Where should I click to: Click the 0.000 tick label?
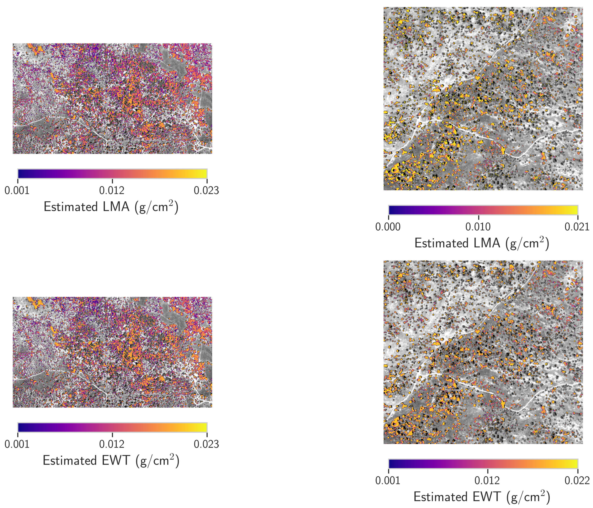tap(388, 227)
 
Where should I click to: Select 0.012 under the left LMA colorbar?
tap(112, 191)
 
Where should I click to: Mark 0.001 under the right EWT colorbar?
tap(388, 481)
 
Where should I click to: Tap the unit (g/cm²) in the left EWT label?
tap(157, 461)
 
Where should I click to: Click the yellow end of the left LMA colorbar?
tap(204, 174)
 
